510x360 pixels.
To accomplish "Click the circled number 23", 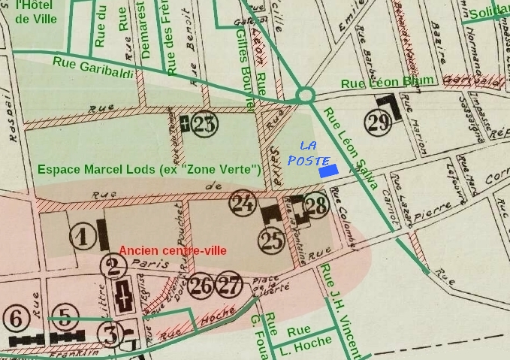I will point(204,124).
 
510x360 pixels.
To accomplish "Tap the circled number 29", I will point(379,120).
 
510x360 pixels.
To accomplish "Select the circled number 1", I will point(83,237).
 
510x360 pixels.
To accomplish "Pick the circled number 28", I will point(317,204).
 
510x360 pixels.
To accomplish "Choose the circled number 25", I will point(271,240).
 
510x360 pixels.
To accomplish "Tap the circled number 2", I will point(113,265).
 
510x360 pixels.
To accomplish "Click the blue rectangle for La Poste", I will point(328,171).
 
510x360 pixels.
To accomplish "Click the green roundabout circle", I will point(305,95).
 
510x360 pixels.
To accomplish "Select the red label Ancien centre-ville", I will point(173,250).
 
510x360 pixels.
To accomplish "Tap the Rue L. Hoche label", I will point(299,337).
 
